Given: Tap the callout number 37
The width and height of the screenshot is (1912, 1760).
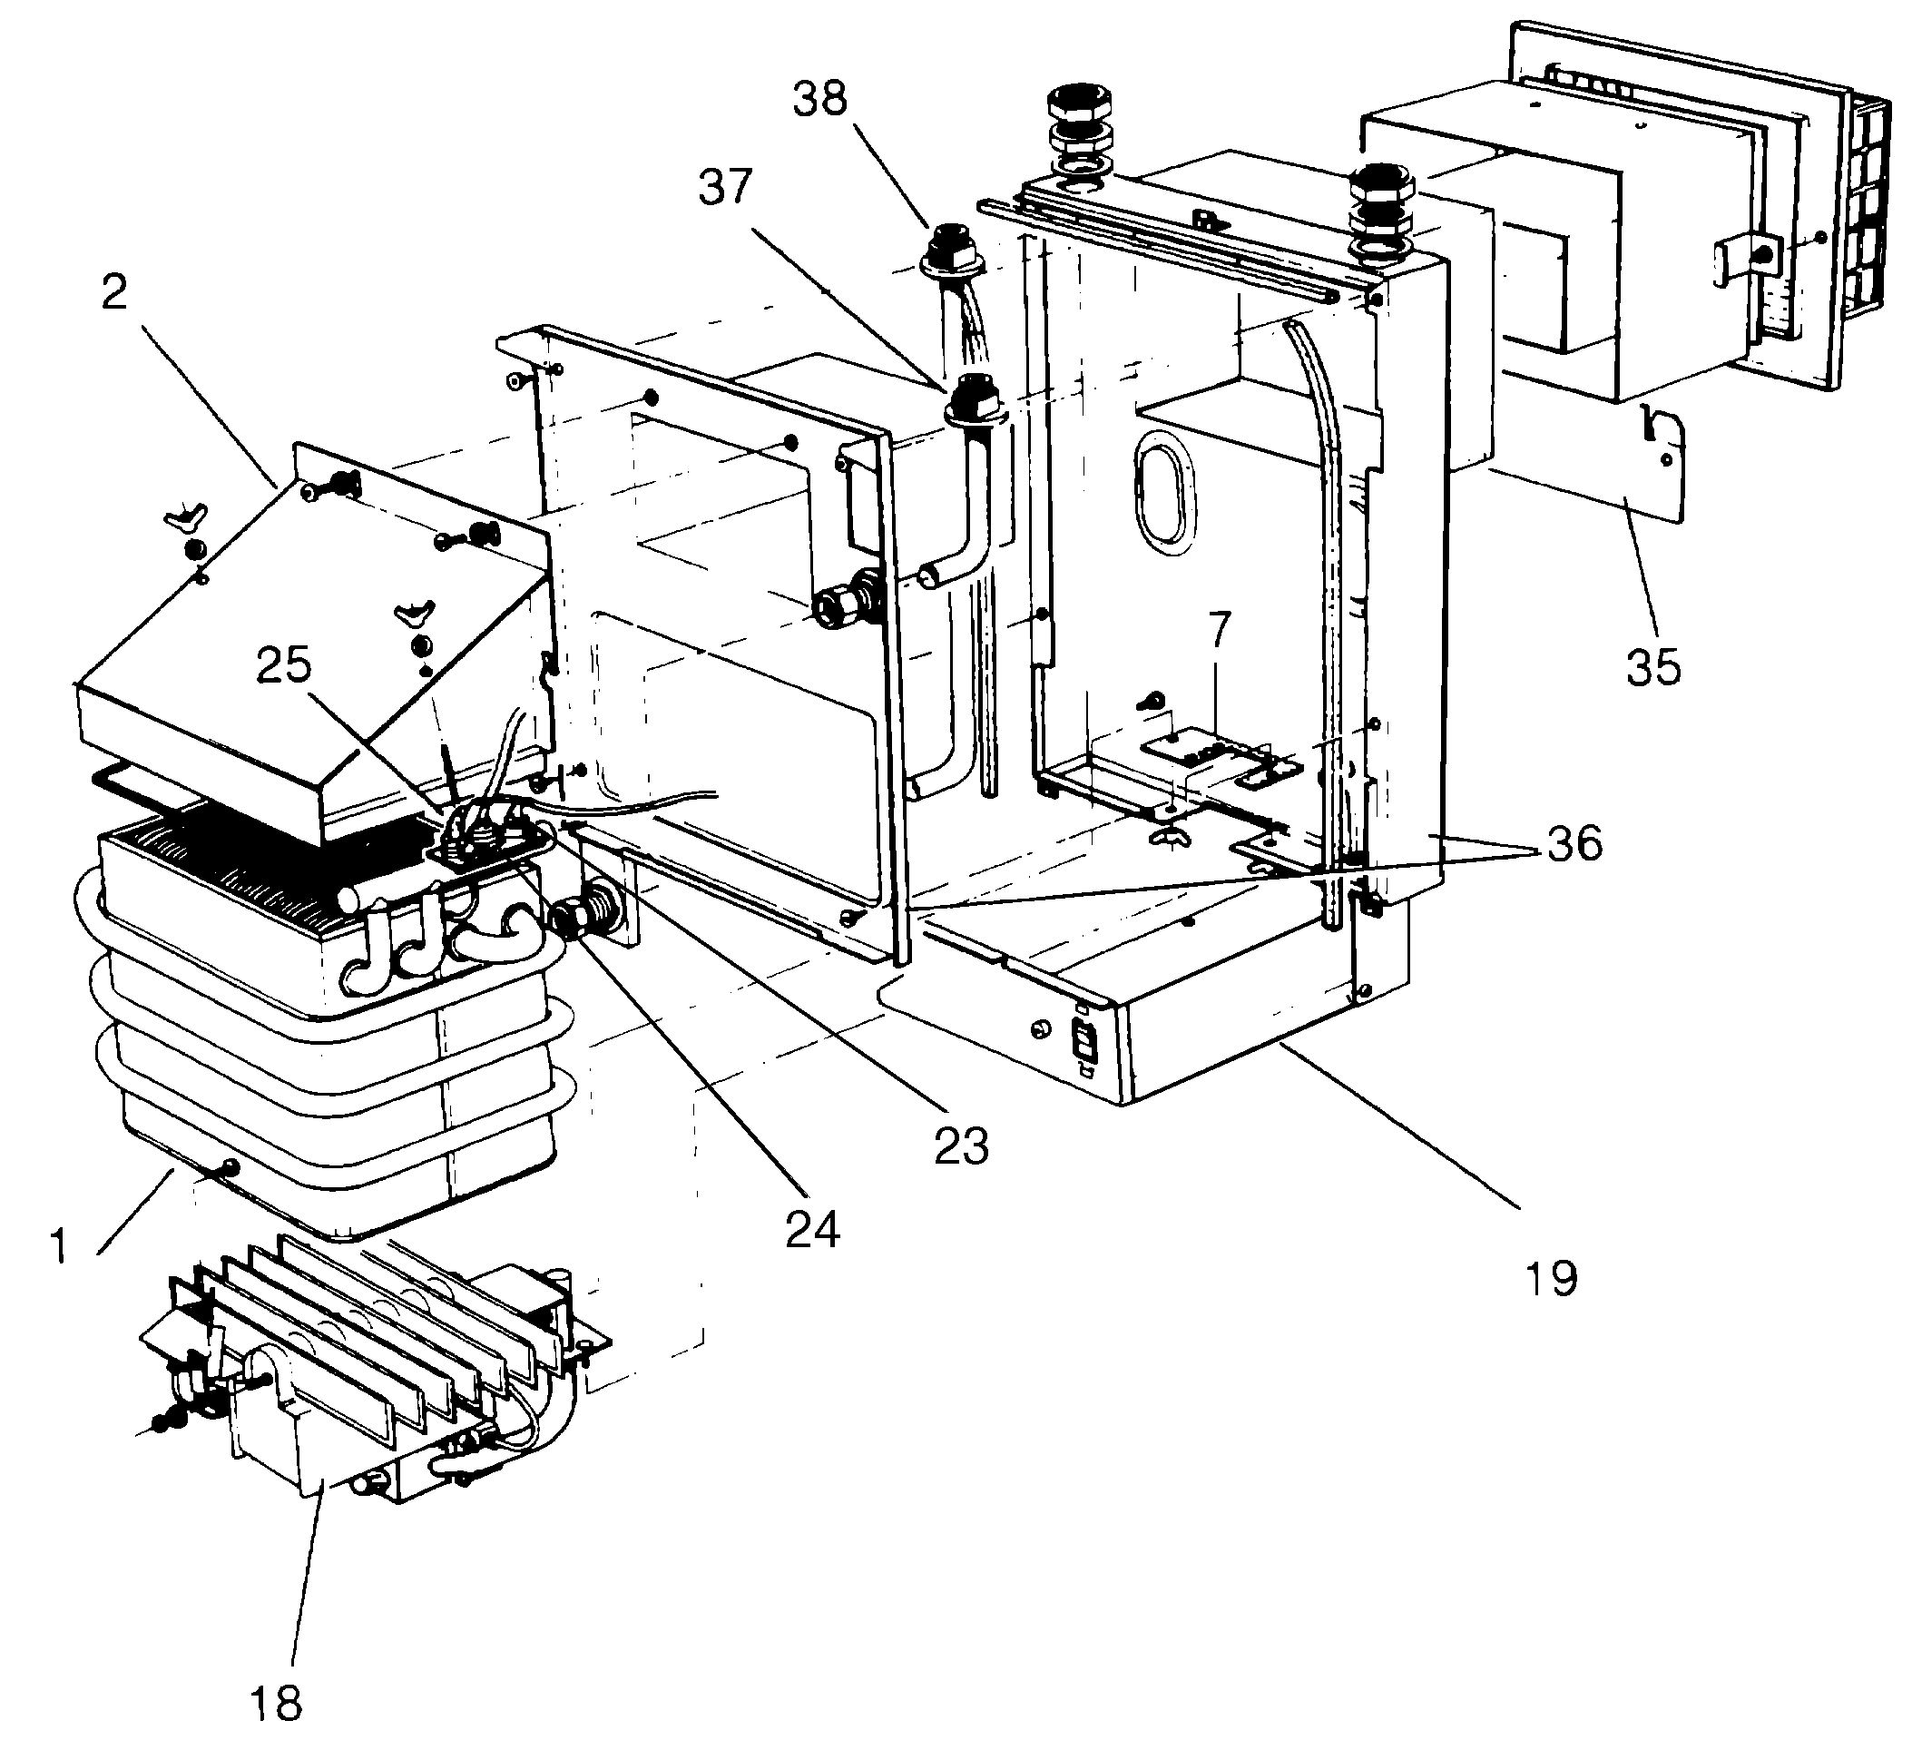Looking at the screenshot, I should tap(726, 188).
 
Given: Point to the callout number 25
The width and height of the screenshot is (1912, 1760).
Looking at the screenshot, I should tap(284, 665).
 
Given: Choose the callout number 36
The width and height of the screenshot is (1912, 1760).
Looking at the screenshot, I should tap(1574, 845).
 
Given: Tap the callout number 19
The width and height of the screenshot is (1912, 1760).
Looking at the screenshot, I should tap(1551, 1277).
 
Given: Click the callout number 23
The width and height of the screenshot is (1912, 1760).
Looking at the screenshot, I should tap(961, 1147).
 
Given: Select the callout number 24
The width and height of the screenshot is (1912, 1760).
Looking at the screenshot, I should tap(812, 1230).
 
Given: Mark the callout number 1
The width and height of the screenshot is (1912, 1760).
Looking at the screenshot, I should tap(60, 1245).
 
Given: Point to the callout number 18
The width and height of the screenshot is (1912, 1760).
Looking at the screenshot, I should tap(276, 1701).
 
